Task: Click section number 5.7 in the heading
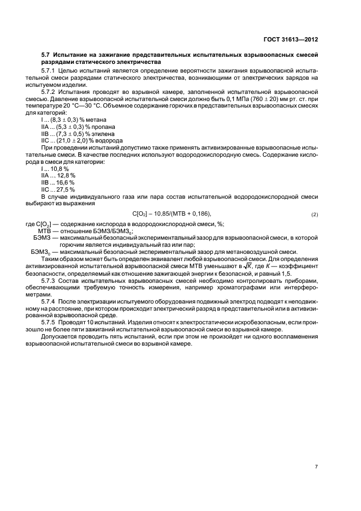46,55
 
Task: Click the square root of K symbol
264,265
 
